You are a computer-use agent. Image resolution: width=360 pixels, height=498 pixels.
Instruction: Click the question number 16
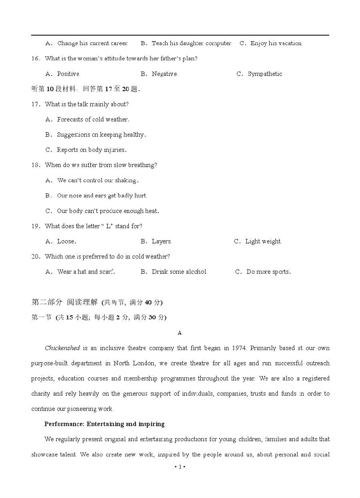[x=35, y=58]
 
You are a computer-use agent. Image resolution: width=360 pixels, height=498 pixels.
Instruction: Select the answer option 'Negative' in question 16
[x=164, y=74]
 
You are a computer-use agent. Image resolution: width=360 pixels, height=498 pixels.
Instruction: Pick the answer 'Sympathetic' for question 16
[x=265, y=74]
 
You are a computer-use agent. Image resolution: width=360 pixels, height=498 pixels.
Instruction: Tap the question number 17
[x=35, y=104]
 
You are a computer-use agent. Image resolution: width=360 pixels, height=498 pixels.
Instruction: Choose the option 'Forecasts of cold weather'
[x=93, y=120]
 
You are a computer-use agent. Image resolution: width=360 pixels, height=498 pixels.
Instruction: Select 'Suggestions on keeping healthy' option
[x=101, y=135]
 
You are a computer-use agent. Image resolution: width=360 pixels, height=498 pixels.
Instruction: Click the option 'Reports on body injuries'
[x=92, y=150]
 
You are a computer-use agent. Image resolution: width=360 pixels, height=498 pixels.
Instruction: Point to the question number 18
[x=35, y=165]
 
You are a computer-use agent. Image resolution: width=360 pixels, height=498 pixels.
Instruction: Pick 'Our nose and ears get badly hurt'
[x=102, y=196]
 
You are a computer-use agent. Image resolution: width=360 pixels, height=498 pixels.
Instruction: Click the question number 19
[x=35, y=226]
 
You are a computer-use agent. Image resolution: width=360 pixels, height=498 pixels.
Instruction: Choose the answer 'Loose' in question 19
[x=66, y=241]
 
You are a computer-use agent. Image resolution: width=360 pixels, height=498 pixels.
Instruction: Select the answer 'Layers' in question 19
[x=161, y=241]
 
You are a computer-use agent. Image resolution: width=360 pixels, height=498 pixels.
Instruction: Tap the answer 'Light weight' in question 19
[x=263, y=241]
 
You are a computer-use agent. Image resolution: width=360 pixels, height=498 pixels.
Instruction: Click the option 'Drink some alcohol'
[x=179, y=272]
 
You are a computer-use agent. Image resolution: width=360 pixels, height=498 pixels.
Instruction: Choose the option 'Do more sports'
[x=268, y=272]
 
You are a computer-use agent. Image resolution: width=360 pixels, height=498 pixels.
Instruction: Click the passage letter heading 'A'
[x=180, y=333]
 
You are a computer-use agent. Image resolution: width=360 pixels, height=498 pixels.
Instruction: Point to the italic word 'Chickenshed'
[x=62, y=348]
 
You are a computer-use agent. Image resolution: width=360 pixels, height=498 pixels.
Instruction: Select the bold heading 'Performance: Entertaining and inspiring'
[x=104, y=424]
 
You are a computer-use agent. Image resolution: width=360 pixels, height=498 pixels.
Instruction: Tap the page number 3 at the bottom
[x=180, y=467]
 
